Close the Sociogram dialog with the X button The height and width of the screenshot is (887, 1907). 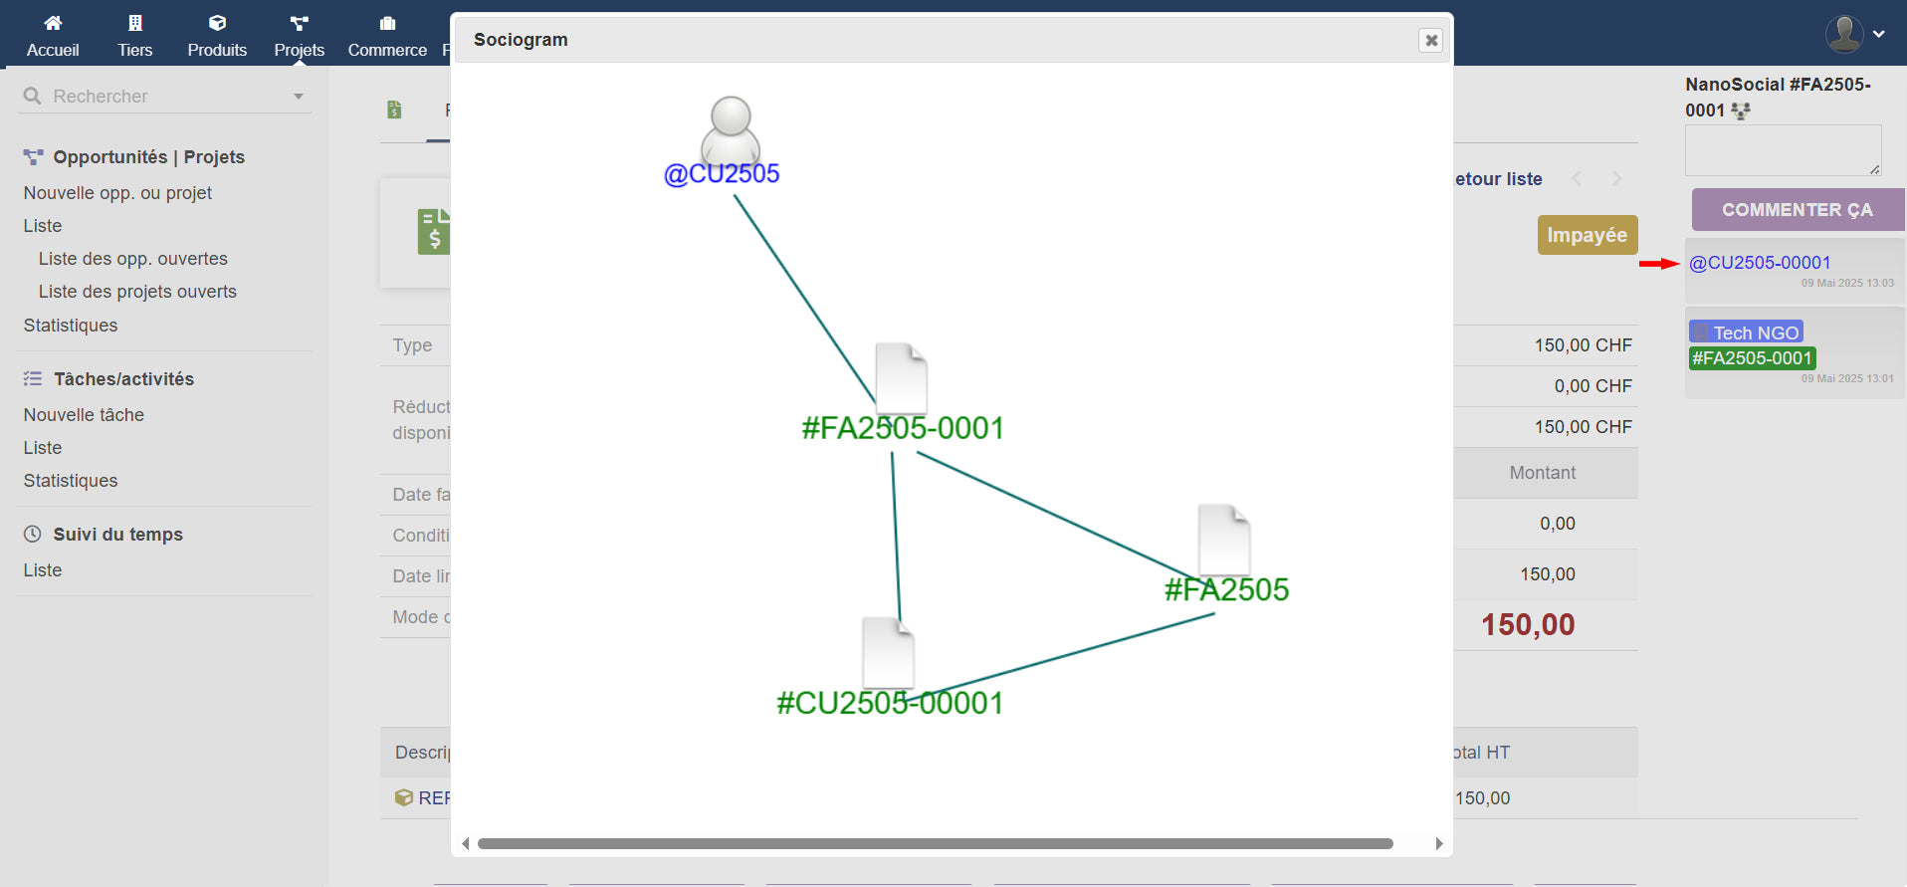click(x=1430, y=40)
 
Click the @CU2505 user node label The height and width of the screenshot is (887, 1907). click(x=722, y=174)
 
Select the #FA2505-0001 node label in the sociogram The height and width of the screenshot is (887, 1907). click(x=903, y=428)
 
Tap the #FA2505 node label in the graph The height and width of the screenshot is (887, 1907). click(x=1226, y=589)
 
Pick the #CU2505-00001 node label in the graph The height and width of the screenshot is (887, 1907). click(x=890, y=703)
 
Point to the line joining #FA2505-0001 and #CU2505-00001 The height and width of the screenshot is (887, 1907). click(x=896, y=538)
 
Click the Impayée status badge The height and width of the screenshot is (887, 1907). click(x=1587, y=235)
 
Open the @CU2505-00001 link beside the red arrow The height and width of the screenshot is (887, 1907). click(x=1760, y=263)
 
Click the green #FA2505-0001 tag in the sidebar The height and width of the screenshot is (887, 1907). click(x=1752, y=358)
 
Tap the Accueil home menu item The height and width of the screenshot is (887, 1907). click(x=53, y=36)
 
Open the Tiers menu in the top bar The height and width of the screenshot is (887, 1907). click(x=135, y=36)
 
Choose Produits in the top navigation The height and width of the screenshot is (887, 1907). click(x=217, y=36)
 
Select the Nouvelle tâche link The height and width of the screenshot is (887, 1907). click(x=84, y=415)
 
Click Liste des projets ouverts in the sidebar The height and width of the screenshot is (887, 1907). click(x=137, y=292)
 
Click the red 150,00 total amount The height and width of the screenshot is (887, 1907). click(x=1528, y=625)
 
